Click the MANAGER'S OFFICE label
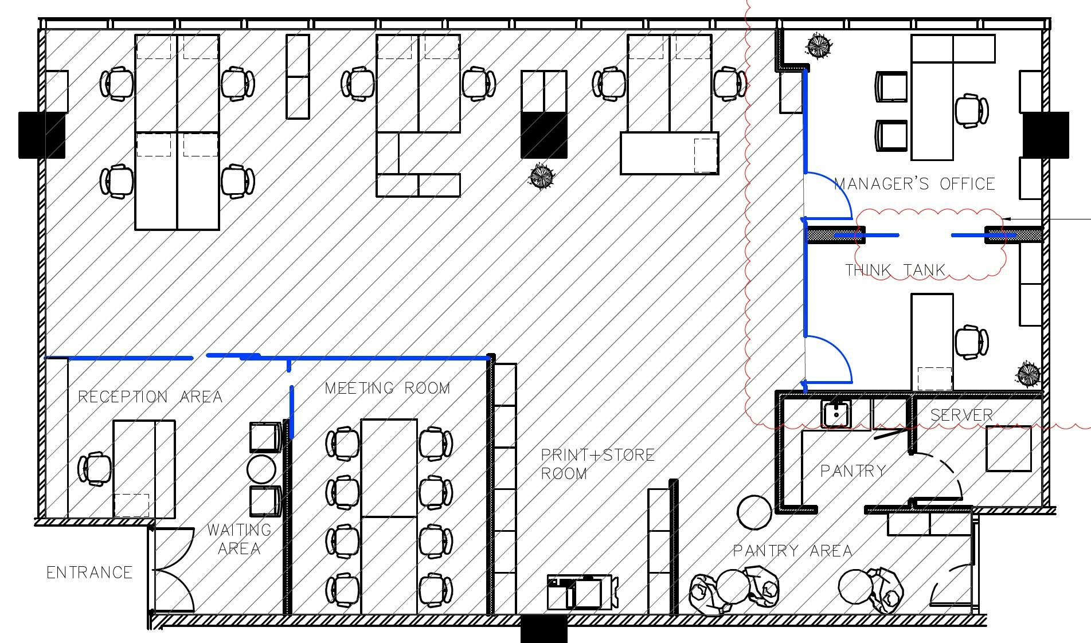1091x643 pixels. click(914, 184)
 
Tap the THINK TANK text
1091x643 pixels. click(895, 270)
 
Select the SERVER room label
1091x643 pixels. click(961, 415)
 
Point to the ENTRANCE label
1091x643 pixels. click(89, 573)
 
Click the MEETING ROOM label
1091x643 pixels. click(388, 388)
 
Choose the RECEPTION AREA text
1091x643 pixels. click(150, 397)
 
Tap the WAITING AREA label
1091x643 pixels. click(239, 539)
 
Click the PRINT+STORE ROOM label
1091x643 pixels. click(597, 464)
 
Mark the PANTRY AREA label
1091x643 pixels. click(792, 551)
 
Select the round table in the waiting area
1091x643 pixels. click(262, 469)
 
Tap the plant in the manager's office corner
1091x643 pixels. click(818, 46)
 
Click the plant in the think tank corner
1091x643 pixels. click(1027, 375)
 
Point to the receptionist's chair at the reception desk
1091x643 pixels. click(95, 468)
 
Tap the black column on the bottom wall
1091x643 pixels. click(543, 629)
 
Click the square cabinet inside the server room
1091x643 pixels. click(1008, 449)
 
